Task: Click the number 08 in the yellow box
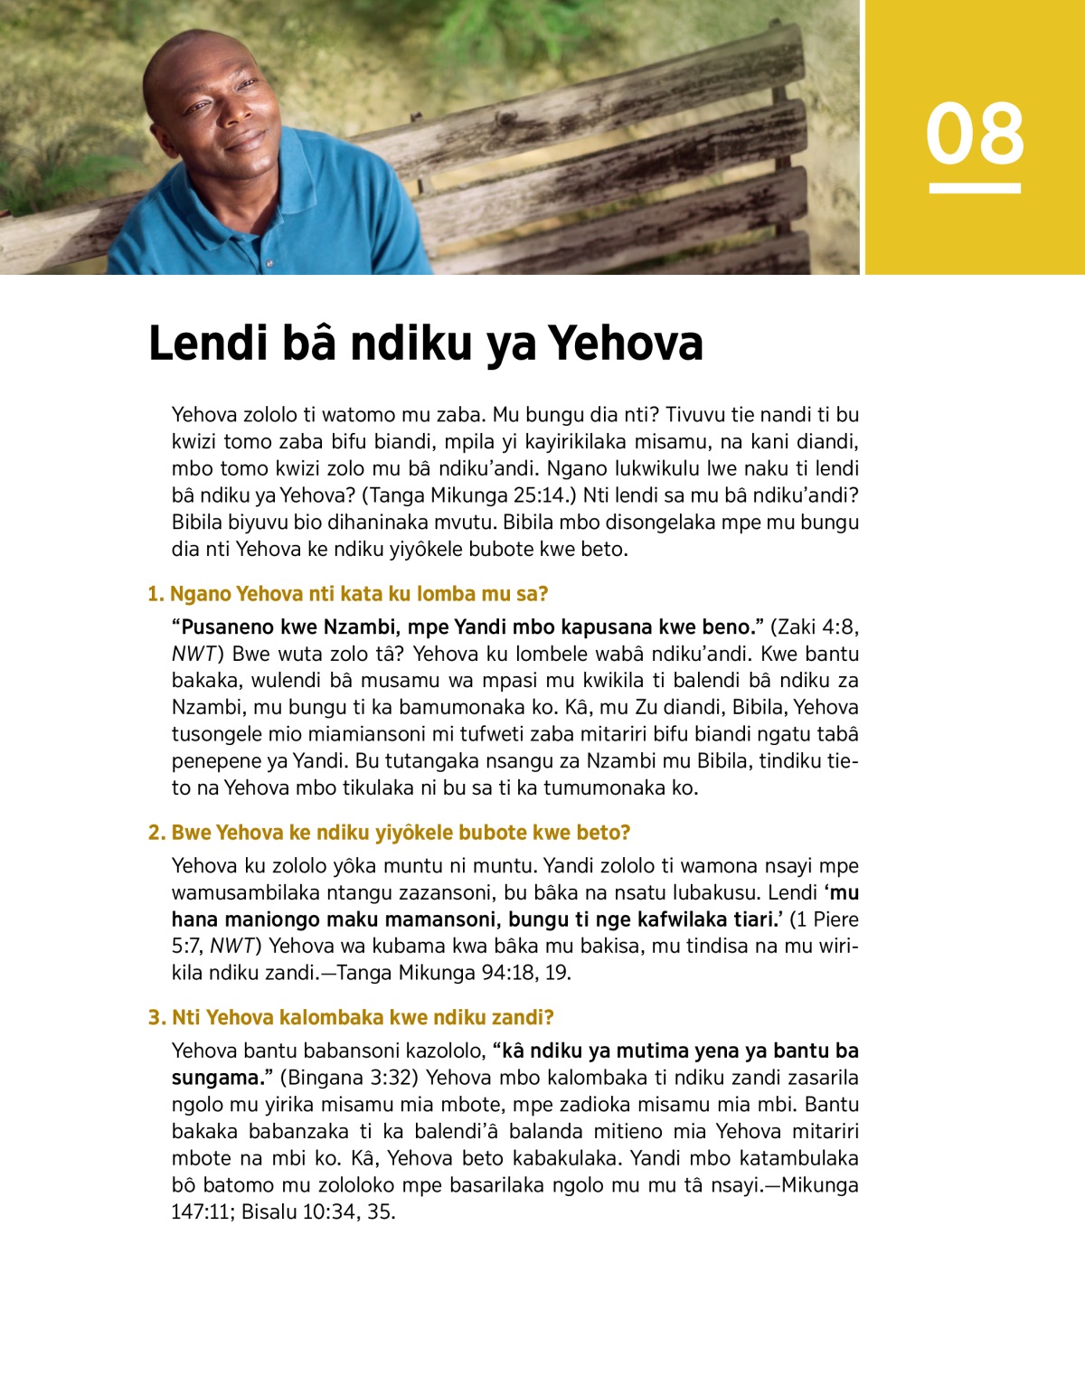coord(975,134)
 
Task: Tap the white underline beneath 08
coord(975,188)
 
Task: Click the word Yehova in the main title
coord(626,344)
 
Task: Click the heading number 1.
coord(156,594)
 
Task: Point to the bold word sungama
coord(215,1078)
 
